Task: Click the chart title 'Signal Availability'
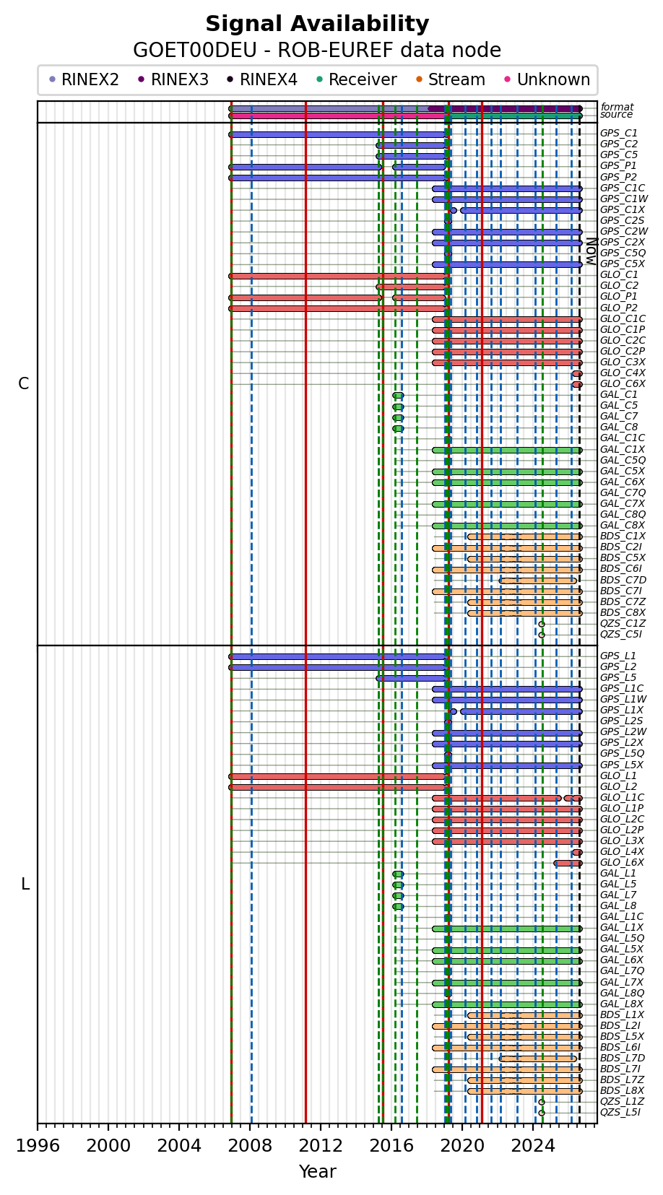(x=317, y=24)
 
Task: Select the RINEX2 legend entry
(x=84, y=79)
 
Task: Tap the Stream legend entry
(x=451, y=79)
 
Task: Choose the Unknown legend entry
(x=547, y=79)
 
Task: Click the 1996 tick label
(x=38, y=1146)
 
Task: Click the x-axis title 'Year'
(x=318, y=1171)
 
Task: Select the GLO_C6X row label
(x=623, y=384)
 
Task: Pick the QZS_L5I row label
(x=621, y=1112)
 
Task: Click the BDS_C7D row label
(x=623, y=581)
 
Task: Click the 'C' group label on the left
(x=24, y=383)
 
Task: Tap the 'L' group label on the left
(x=25, y=884)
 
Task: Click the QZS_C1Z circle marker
(x=541, y=624)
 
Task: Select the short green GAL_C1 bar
(x=398, y=395)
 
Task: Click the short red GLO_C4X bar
(x=577, y=374)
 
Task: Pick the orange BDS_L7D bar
(x=538, y=1059)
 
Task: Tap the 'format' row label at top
(x=617, y=108)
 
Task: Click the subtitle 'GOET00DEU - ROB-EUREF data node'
(x=317, y=50)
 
